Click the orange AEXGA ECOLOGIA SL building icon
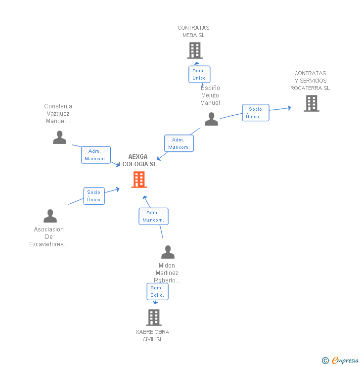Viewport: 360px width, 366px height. click(x=139, y=180)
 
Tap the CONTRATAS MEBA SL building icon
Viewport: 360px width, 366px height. click(x=195, y=50)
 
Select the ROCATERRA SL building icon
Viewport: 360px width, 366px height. click(x=311, y=103)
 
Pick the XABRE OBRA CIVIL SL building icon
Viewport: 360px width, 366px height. click(x=154, y=318)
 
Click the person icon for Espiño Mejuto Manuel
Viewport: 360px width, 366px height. click(x=211, y=119)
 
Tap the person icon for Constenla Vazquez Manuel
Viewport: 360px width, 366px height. click(x=59, y=137)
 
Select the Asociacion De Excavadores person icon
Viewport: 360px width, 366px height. click(x=50, y=216)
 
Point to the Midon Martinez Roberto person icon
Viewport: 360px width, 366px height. click(x=168, y=252)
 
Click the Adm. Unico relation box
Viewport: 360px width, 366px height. click(x=199, y=74)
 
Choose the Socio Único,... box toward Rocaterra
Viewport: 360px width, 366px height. click(x=256, y=113)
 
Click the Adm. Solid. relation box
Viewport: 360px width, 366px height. click(x=158, y=291)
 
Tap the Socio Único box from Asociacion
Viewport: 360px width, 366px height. click(x=93, y=196)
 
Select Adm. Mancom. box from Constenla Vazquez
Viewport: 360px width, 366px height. click(x=95, y=155)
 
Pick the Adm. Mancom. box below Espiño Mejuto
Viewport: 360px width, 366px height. click(x=179, y=143)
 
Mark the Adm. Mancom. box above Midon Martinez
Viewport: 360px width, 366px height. click(x=153, y=216)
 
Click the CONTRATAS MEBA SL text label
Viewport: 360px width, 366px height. click(x=193, y=32)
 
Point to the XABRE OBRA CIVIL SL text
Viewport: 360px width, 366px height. click(x=152, y=335)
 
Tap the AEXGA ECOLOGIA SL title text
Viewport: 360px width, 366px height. click(x=138, y=160)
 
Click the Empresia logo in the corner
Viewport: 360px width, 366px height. click(x=341, y=361)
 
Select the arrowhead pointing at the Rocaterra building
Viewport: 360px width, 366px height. click(x=289, y=107)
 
